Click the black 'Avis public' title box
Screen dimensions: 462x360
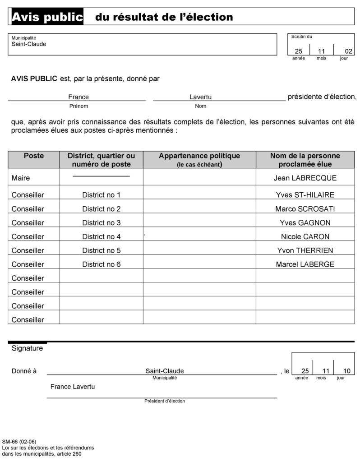(47, 17)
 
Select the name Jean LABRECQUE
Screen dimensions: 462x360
(305, 178)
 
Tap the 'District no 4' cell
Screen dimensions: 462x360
(102, 236)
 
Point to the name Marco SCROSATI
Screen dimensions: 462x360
(305, 209)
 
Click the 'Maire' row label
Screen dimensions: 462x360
(21, 178)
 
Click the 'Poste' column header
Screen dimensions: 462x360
(34, 156)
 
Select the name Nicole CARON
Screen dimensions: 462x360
(305, 236)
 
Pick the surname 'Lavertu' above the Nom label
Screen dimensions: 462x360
(201, 97)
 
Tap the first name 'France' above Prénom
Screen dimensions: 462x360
(78, 97)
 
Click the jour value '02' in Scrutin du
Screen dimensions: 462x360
(348, 51)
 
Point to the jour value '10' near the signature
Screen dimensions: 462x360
(347, 371)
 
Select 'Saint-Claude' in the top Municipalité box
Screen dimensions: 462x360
(29, 44)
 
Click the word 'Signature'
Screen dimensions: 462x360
(27, 348)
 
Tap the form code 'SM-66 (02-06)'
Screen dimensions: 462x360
(19, 441)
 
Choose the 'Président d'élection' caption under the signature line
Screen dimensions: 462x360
(165, 401)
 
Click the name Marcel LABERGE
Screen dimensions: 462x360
(305, 264)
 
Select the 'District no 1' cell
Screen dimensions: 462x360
(102, 195)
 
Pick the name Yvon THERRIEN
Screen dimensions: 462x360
(305, 250)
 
